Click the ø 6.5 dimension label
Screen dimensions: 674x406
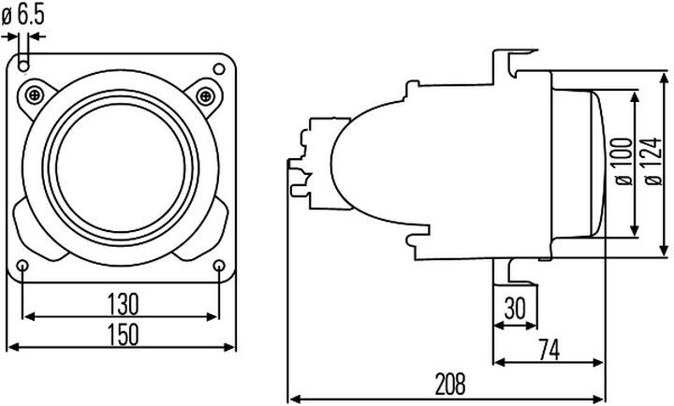22,16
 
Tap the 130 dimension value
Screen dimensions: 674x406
123,304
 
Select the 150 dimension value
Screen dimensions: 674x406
123,334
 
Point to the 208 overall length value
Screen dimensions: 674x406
450,384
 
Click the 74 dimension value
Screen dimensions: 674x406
549,350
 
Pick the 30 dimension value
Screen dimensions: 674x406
515,308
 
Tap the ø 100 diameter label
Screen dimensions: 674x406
624,162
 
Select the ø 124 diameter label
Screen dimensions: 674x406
653,162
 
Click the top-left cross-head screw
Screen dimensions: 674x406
35,94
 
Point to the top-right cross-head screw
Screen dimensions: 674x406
205,95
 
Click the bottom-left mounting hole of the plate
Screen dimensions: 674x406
22,266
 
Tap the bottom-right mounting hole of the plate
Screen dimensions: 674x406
219,266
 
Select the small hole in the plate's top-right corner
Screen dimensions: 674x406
219,68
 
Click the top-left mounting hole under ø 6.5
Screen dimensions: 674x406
23,65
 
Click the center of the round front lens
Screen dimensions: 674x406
121,168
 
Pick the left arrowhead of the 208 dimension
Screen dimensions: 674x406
295,399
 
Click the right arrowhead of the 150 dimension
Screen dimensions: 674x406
229,347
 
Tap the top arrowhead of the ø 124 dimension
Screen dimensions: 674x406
664,80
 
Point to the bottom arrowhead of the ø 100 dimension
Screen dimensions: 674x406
635,230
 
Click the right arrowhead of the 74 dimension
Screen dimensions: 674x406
597,363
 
